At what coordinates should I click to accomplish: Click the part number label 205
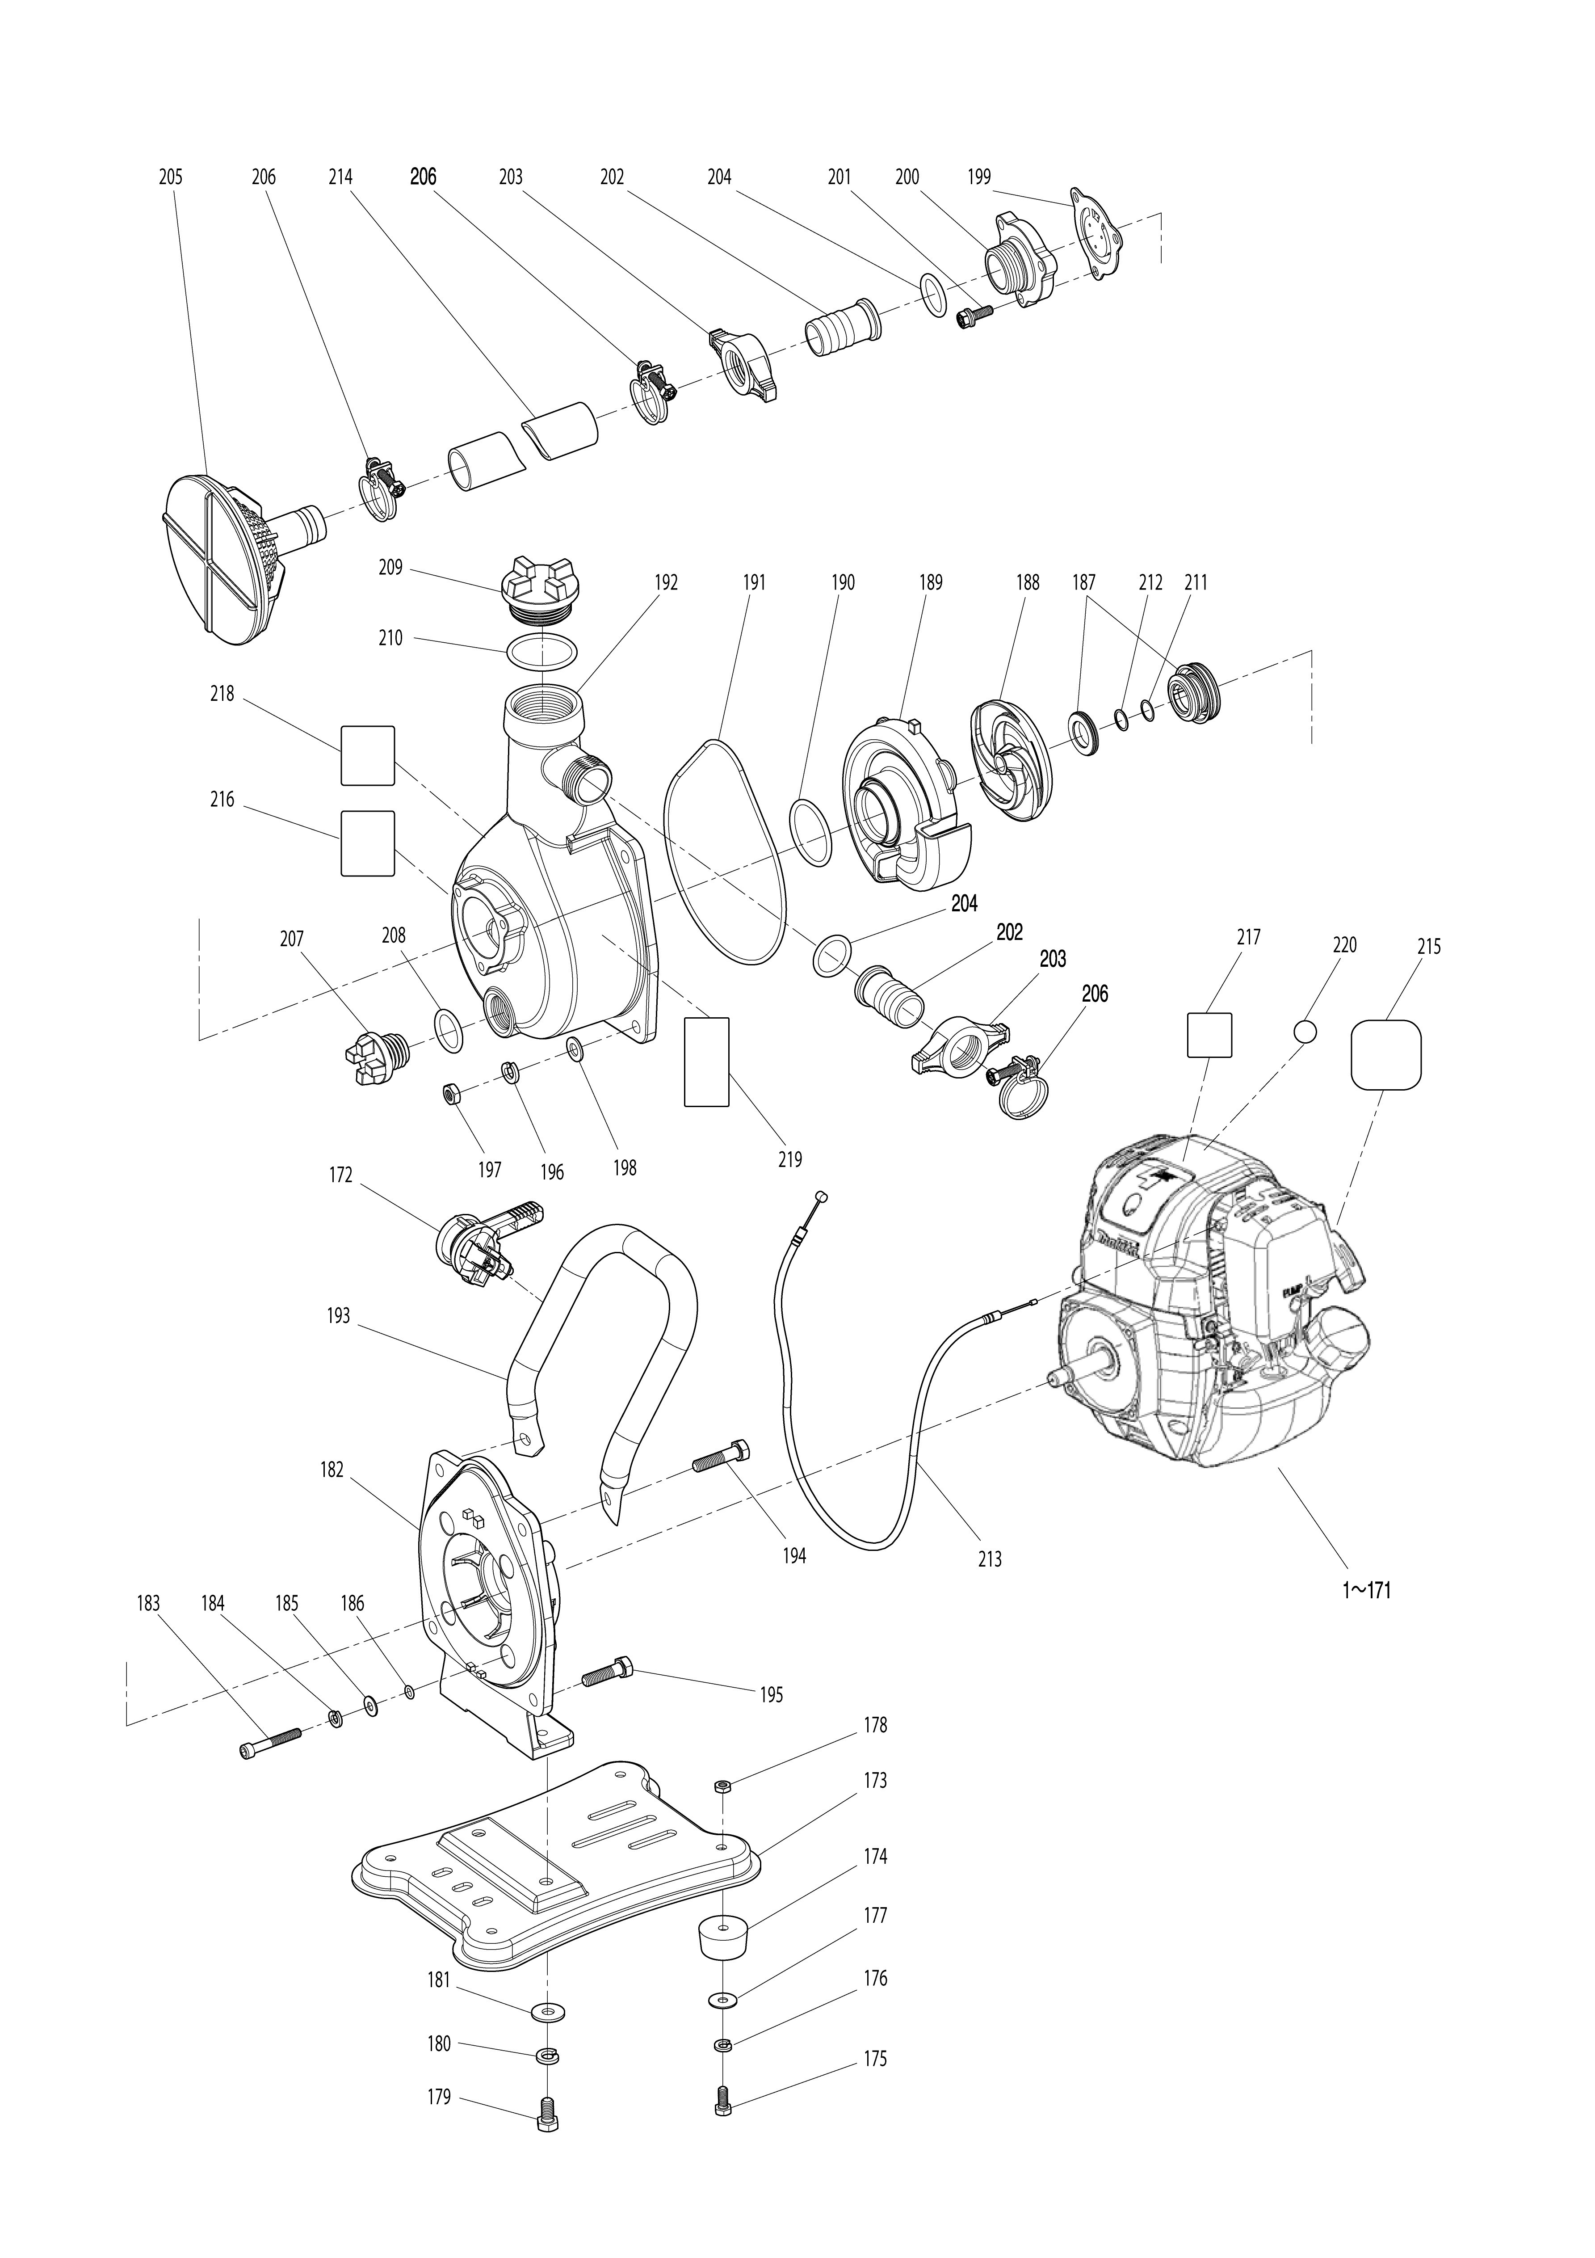(170, 177)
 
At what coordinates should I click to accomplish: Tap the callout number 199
(978, 177)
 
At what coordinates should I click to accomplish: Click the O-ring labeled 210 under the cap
(541, 650)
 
